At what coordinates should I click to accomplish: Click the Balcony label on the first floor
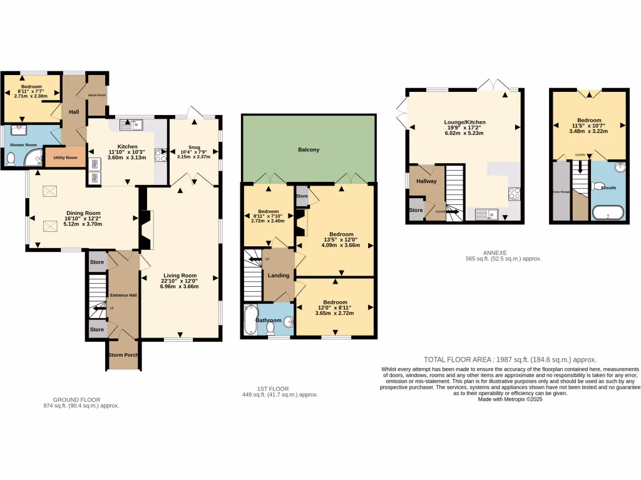309,150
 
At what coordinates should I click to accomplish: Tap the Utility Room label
64,157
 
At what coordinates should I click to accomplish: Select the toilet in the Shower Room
11,160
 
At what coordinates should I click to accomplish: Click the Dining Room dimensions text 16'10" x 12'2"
84,219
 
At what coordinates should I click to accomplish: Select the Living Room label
180,275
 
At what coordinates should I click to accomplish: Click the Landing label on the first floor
279,276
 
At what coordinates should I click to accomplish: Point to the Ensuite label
608,187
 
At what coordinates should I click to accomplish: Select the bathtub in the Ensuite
607,214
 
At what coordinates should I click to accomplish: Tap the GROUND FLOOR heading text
76,399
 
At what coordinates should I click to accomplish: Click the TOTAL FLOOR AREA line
510,359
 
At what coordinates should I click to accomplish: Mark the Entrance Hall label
123,295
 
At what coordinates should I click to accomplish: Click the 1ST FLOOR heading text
280,389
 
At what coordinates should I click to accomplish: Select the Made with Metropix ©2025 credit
510,399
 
